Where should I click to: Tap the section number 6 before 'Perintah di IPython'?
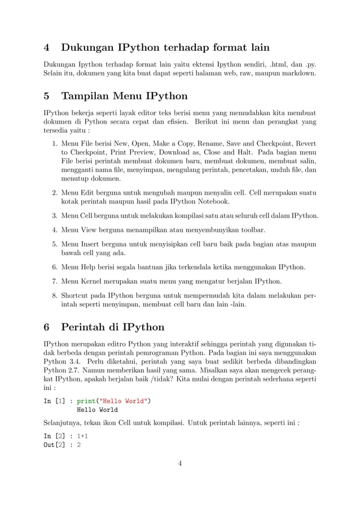(x=47, y=327)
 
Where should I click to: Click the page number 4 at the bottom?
(x=179, y=464)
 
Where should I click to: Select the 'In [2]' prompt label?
(x=55, y=436)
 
